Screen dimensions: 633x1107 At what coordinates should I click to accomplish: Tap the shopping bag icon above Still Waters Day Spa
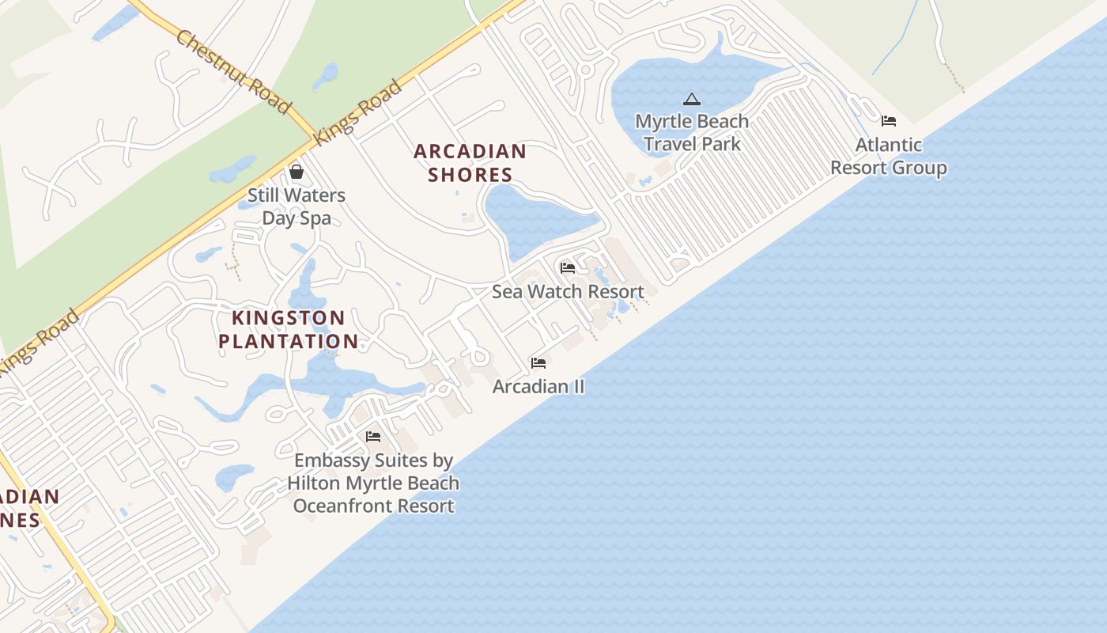point(297,172)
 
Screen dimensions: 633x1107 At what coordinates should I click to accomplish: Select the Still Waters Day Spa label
point(297,207)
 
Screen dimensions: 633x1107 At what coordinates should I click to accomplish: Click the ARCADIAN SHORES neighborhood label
point(470,163)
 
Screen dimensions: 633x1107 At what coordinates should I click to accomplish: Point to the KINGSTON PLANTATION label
point(289,330)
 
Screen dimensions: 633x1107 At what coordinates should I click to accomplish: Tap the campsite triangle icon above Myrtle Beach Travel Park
point(692,99)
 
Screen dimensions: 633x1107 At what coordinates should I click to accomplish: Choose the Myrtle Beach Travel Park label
point(692,133)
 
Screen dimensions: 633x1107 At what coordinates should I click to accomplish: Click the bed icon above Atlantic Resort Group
point(889,121)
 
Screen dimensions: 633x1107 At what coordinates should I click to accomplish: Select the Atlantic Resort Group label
point(889,156)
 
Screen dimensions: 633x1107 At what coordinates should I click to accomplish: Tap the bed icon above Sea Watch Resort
point(568,267)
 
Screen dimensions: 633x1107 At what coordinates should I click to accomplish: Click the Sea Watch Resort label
point(568,291)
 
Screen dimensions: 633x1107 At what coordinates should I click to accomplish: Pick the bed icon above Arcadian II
point(538,362)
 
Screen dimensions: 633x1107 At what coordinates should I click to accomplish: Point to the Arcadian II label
point(538,386)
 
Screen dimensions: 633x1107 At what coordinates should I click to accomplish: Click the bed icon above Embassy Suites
point(373,436)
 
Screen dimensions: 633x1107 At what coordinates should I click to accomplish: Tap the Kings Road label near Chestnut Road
point(357,112)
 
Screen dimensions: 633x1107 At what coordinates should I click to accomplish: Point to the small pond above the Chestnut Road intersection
point(325,76)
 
